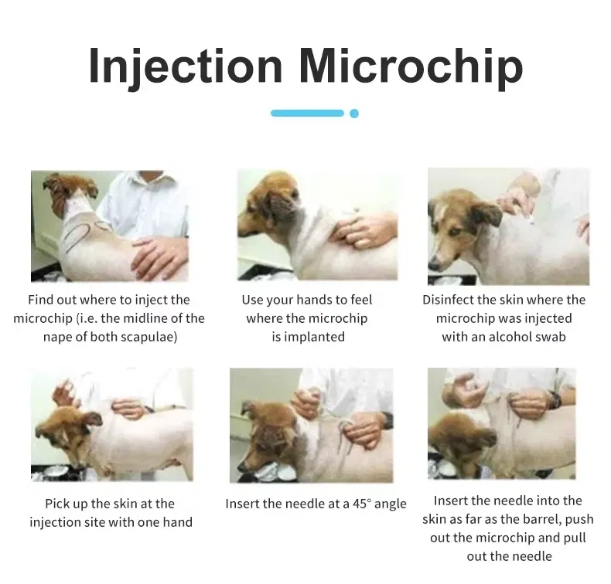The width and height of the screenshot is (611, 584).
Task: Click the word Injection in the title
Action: [x=186, y=67]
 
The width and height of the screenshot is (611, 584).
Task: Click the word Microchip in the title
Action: [x=411, y=66]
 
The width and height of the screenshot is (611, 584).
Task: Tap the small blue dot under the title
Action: [x=354, y=114]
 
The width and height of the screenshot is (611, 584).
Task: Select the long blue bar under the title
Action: [x=308, y=114]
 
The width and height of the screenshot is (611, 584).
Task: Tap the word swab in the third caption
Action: [x=551, y=337]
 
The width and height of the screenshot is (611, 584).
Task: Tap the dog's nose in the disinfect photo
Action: [x=432, y=266]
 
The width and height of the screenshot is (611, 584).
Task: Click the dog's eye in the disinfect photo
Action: [x=454, y=233]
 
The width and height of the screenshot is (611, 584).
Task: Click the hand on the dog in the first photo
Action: [x=159, y=255]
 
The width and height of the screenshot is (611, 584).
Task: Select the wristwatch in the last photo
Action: [x=554, y=400]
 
